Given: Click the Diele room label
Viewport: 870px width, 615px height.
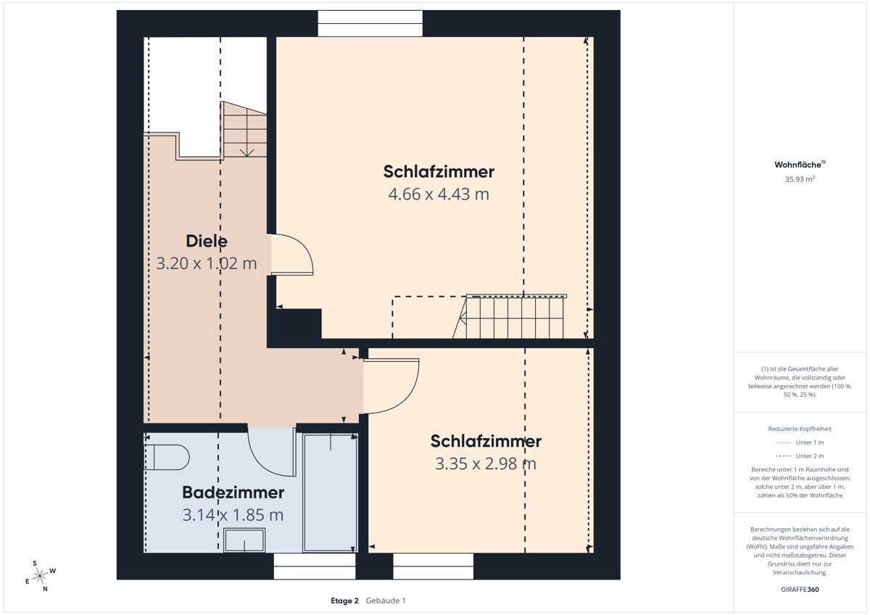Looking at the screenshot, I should click(x=207, y=241).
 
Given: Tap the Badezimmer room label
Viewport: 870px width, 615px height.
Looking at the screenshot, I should click(x=233, y=492).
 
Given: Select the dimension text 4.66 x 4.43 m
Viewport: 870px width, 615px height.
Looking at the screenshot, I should click(x=439, y=194).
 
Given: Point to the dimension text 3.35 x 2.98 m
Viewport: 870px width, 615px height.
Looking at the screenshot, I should click(x=486, y=463).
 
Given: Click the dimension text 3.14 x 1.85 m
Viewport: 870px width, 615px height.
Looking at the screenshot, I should click(x=233, y=515).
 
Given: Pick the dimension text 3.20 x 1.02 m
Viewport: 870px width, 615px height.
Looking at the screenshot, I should click(x=207, y=263).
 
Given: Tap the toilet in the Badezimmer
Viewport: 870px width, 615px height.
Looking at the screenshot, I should click(x=168, y=457).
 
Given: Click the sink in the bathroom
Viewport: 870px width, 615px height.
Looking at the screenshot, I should click(x=245, y=540).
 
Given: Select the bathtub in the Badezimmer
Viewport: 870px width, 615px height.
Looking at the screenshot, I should click(x=330, y=492).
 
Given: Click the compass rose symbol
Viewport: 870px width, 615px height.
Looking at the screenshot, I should click(x=40, y=575).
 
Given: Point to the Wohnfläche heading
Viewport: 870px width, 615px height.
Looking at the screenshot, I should click(x=799, y=165).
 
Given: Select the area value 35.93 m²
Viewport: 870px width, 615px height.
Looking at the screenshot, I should click(x=799, y=178).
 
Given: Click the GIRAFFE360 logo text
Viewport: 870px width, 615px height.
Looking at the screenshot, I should click(x=799, y=590).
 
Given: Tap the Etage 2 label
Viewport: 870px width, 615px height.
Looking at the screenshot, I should click(x=344, y=600).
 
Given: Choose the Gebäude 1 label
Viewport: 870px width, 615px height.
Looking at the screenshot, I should click(x=386, y=600).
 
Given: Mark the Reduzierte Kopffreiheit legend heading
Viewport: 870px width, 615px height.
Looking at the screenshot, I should click(x=799, y=429).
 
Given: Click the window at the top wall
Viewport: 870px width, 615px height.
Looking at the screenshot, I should click(x=370, y=23).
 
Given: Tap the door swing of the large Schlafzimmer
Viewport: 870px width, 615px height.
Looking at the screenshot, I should click(x=294, y=255).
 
